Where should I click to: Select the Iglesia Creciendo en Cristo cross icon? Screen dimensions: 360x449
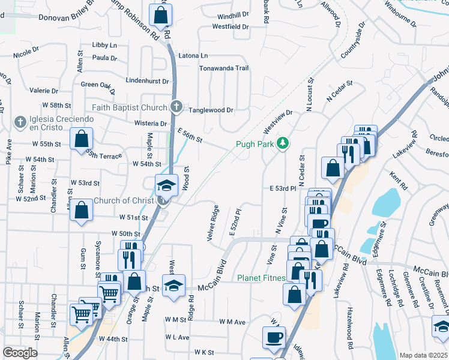tap(20, 122)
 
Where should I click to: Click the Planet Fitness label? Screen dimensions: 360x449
tap(261, 278)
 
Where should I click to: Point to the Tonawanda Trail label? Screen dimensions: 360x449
tap(224, 68)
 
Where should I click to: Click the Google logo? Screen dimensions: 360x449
tap(20, 353)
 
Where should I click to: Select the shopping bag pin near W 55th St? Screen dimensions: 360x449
tap(81, 140)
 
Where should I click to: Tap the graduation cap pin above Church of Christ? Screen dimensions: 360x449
tap(166, 184)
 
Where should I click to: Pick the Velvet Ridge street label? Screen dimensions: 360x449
tap(212, 224)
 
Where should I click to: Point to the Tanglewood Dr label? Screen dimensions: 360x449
tap(211, 110)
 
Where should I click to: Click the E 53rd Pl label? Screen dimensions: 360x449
tap(283, 188)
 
